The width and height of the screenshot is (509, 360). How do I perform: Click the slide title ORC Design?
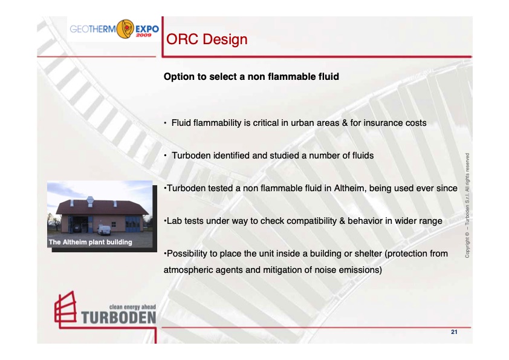click(x=207, y=40)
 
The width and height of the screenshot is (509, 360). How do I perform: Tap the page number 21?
click(x=454, y=332)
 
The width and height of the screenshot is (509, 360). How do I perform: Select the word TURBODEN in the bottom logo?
click(x=118, y=317)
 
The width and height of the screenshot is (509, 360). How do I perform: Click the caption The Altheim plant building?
click(x=90, y=243)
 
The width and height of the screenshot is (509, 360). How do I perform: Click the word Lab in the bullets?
click(x=174, y=221)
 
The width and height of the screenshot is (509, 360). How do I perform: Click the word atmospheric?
click(x=189, y=270)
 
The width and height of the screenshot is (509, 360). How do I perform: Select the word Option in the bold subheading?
click(x=179, y=77)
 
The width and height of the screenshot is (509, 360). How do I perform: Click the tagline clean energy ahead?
click(x=132, y=306)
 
